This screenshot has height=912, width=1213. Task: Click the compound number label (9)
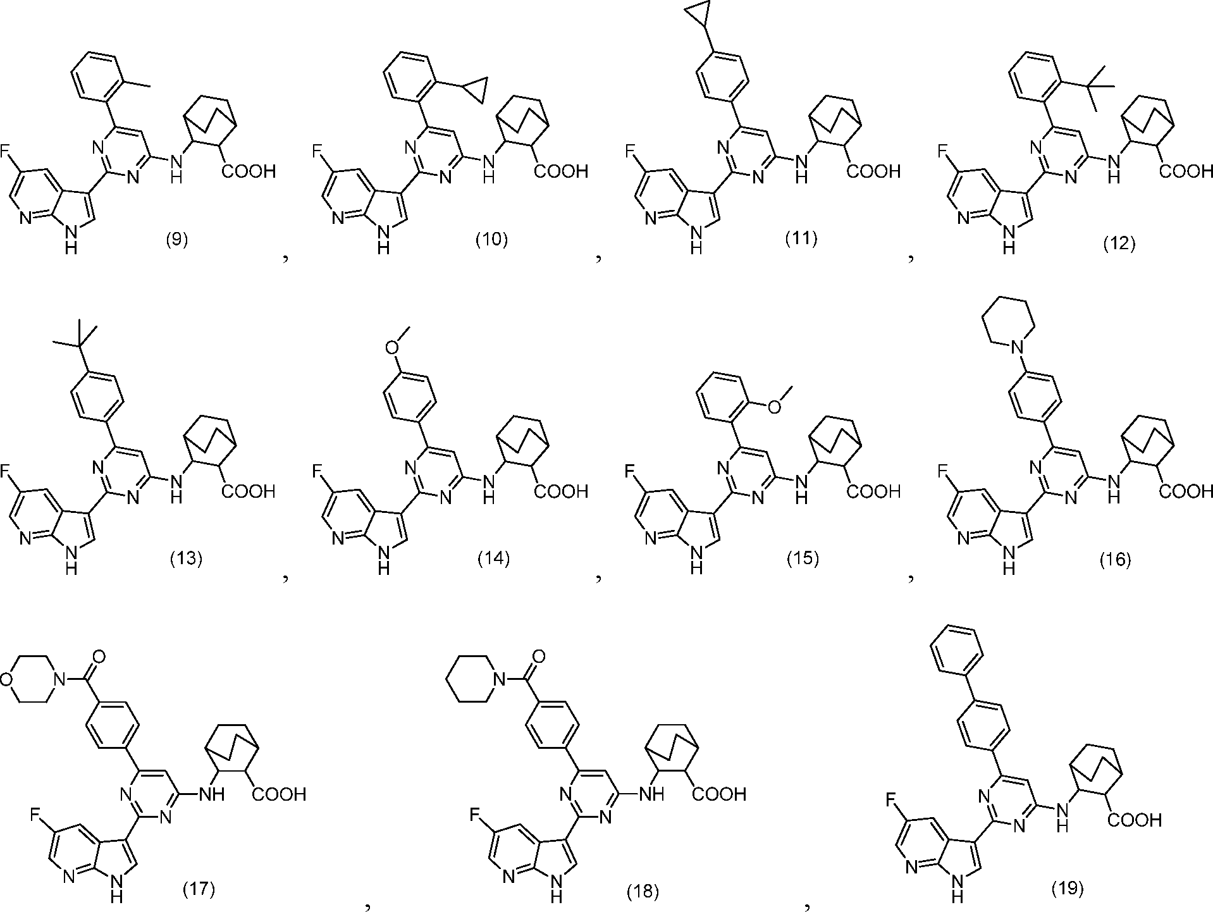[x=176, y=240]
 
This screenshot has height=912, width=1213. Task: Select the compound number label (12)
[x=1119, y=244]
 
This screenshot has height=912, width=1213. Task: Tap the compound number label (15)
[x=803, y=559]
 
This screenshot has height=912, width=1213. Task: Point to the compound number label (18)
[x=643, y=892]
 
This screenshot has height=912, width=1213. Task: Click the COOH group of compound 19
[x=1134, y=821]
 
